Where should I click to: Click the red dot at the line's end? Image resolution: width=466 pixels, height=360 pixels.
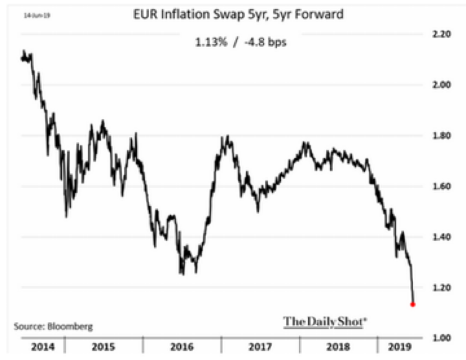pyautogui.click(x=413, y=304)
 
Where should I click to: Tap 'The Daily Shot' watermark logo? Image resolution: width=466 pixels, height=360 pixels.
pyautogui.click(x=325, y=321)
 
